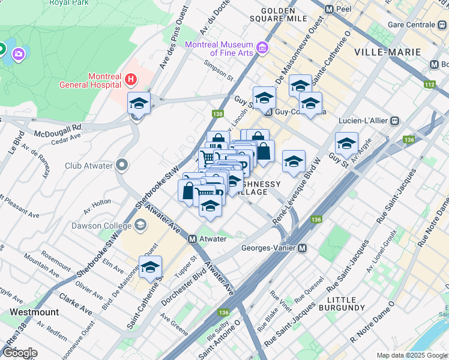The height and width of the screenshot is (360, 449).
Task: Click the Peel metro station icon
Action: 329,10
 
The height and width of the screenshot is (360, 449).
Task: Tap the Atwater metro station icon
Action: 193,239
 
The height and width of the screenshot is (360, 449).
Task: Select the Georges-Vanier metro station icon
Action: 303,248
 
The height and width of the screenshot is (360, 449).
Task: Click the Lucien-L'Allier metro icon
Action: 394,120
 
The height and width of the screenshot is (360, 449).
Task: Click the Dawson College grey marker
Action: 140,226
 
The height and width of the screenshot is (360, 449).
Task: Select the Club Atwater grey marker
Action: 122,164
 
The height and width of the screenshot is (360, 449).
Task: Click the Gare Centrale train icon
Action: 443,25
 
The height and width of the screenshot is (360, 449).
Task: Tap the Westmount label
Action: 34,312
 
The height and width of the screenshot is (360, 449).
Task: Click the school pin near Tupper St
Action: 150,268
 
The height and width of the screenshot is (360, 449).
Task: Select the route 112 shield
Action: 429,85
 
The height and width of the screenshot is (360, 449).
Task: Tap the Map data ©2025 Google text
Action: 411,355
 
